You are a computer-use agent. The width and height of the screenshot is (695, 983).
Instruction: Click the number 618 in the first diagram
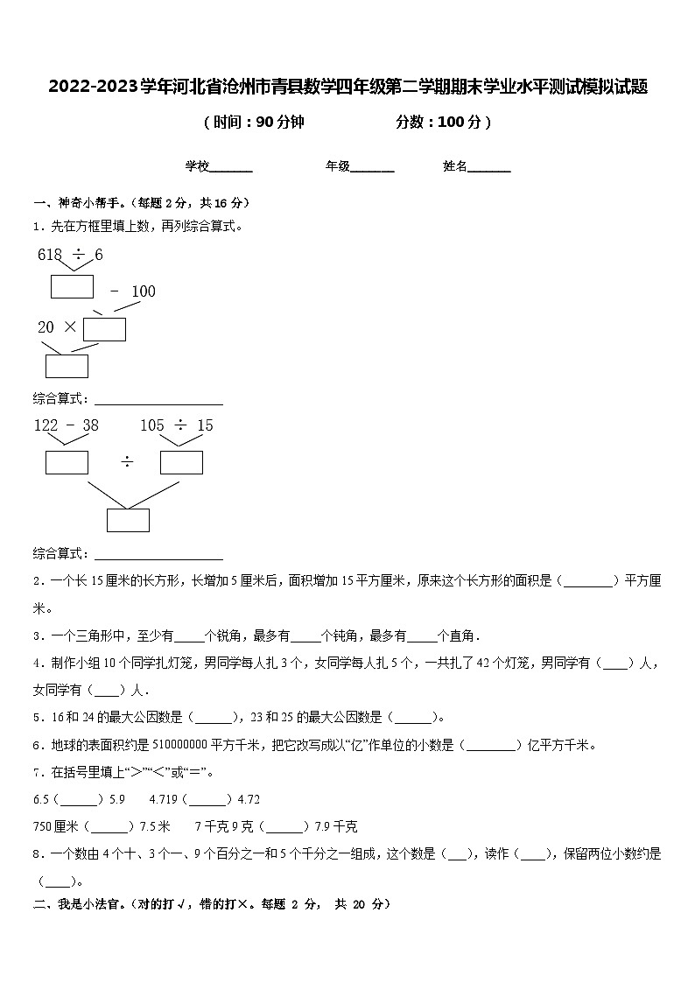[50, 255]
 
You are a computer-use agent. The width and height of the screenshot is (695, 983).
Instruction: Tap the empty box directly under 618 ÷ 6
[72, 286]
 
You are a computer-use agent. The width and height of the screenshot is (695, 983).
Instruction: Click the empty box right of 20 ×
[104, 329]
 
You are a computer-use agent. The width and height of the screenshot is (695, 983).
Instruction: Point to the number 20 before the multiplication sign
[46, 327]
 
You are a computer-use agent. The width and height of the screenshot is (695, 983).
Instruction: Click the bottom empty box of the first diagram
[67, 366]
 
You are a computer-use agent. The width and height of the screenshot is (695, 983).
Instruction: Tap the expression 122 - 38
[66, 425]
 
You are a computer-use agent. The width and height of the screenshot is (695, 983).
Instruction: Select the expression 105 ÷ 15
[176, 425]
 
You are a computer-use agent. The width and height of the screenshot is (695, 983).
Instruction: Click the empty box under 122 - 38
[67, 462]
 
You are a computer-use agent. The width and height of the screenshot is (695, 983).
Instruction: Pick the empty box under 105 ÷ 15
[181, 462]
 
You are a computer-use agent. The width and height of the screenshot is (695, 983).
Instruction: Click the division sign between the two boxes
[127, 462]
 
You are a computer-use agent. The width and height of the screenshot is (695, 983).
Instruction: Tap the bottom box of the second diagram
[128, 520]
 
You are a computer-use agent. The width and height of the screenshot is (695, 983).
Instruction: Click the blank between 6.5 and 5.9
[79, 799]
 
